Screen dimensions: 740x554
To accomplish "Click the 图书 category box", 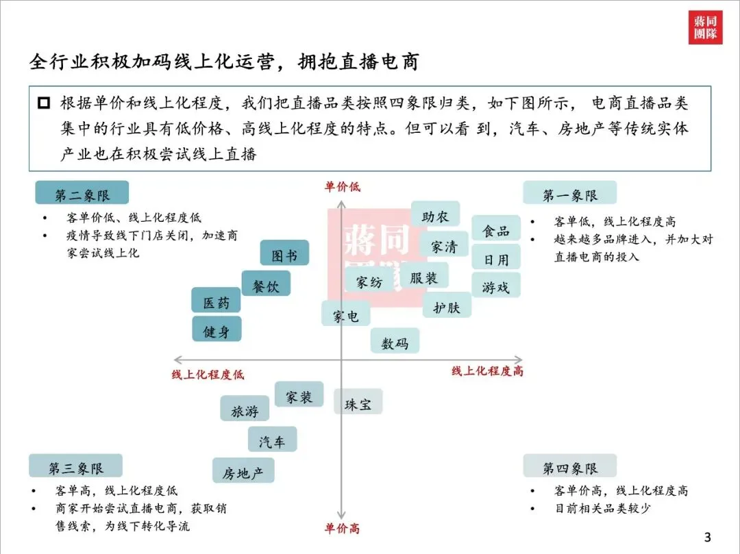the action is point(284,253).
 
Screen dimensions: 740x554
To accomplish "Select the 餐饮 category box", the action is point(266,284).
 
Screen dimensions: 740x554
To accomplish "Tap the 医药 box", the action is point(217,301).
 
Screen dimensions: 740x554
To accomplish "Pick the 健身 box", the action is point(217,330).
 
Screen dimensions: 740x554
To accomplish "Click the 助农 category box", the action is point(435,214).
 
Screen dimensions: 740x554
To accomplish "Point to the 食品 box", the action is point(495,229).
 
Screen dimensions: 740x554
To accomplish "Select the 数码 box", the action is point(395,342).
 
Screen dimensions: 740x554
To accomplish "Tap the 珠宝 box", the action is point(358,403).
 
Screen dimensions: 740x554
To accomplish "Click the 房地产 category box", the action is point(243,471).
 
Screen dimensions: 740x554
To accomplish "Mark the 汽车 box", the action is point(272,440).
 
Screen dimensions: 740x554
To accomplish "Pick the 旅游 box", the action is point(245,410).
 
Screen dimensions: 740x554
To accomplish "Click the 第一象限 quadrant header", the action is point(569,194).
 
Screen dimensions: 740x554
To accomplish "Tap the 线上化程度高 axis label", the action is point(487,371).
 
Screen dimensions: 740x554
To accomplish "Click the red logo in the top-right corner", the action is point(705,27).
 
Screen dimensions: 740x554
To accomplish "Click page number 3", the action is point(708,536).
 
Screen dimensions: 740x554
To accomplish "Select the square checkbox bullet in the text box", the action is point(45,103).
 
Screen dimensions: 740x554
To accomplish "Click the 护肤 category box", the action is point(446,305).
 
